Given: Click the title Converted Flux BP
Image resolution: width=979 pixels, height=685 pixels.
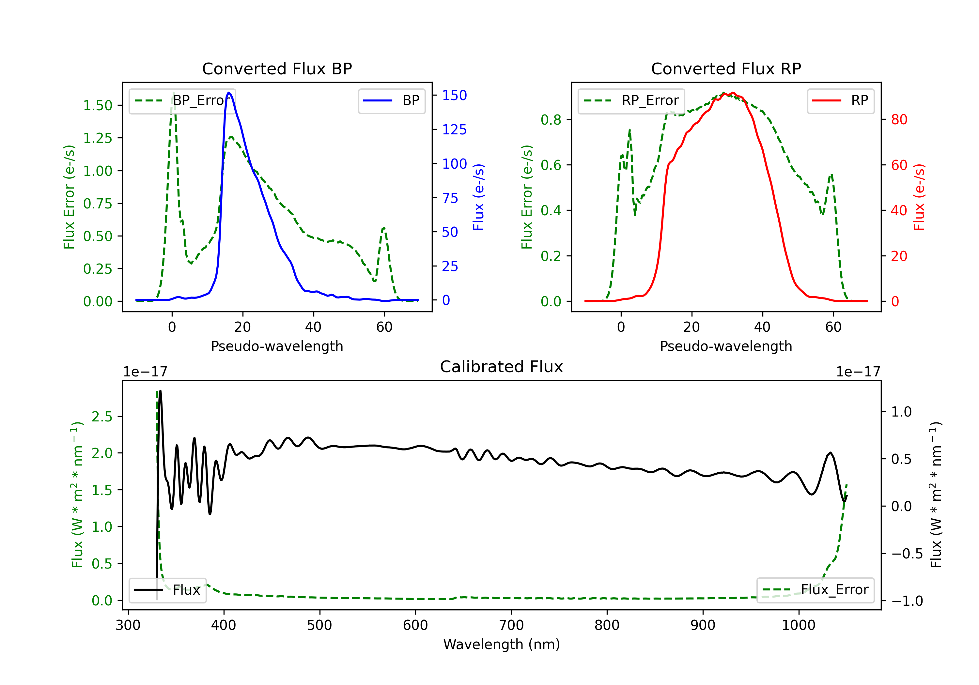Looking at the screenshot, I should (277, 68).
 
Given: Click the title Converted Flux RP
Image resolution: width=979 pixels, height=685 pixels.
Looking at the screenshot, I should (726, 68).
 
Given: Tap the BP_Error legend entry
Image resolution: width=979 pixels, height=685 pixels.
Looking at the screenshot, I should (182, 100).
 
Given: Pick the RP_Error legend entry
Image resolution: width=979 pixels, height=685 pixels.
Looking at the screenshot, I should (631, 100).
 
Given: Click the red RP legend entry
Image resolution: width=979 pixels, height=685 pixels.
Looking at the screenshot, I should (841, 100).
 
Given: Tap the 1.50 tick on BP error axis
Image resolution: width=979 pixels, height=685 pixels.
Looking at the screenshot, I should (98, 105).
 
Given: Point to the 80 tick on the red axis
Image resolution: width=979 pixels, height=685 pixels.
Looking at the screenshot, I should (899, 119).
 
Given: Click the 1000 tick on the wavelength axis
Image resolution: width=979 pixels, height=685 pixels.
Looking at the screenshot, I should (798, 625).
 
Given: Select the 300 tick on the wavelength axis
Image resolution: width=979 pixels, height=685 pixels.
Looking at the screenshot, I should (128, 625).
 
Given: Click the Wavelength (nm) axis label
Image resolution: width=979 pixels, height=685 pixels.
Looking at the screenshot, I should (502, 644).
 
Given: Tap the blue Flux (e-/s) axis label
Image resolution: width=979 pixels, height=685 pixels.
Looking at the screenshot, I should (478, 197).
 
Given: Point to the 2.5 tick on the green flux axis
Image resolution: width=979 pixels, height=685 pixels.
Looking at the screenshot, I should (102, 417).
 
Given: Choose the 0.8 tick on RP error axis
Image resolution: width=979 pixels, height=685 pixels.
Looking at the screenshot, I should (551, 120).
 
